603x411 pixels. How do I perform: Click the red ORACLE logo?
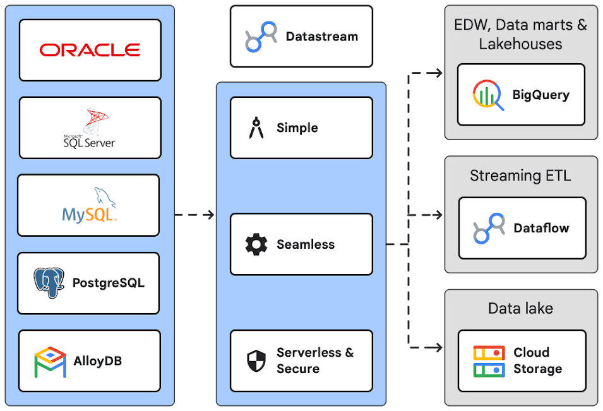[x=90, y=50]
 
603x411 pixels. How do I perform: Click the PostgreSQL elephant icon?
[x=49, y=283]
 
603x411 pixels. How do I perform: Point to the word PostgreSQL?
[x=108, y=283]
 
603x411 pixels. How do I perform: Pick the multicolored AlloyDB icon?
[x=50, y=361]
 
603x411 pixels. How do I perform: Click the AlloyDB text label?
[x=97, y=361]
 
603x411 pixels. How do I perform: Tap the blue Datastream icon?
[x=261, y=37]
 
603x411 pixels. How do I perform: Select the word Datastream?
[x=321, y=37]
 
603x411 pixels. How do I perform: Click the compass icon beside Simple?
[x=256, y=128]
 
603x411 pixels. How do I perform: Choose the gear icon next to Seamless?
[x=256, y=244]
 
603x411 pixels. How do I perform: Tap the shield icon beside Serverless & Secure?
[x=256, y=360]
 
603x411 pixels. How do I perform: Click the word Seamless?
[x=306, y=244]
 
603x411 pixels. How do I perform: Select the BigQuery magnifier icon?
[x=488, y=95]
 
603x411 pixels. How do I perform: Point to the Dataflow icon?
[x=489, y=228]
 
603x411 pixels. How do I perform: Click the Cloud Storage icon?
[x=489, y=361]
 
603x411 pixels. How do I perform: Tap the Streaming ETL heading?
[x=520, y=176]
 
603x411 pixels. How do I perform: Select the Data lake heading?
[x=520, y=309]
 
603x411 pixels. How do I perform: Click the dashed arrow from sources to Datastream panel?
[x=194, y=215]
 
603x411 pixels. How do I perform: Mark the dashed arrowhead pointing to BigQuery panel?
[x=438, y=73]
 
